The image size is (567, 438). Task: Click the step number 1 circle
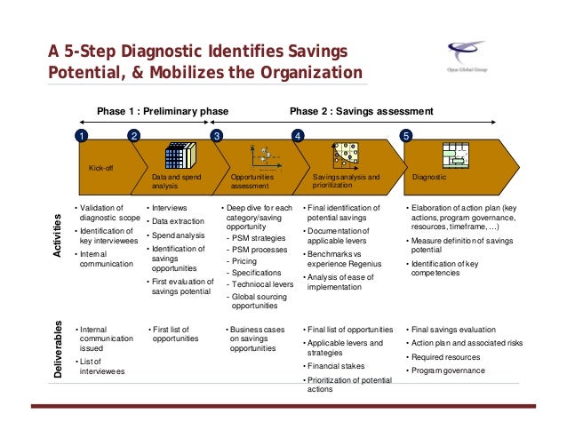pos(80,137)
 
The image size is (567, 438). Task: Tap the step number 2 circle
pos(133,137)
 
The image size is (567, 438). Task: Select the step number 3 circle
pos(215,137)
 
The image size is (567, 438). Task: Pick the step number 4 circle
pos(297,137)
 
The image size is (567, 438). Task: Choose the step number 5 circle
pos(406,137)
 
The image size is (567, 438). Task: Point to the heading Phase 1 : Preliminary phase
pos(163,112)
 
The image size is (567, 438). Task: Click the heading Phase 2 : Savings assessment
pos(362,112)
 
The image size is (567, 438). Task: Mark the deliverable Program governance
pos(448,370)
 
